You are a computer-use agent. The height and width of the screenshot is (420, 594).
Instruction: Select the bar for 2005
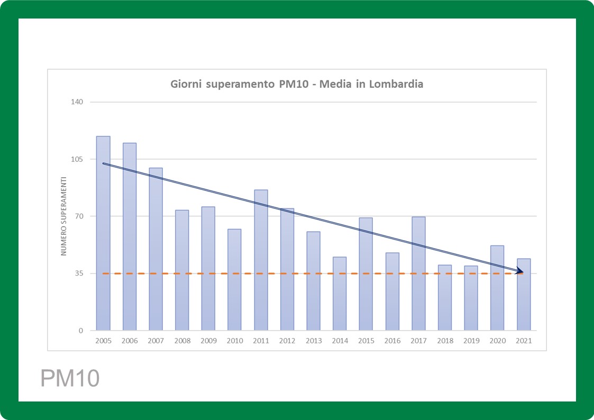pos(103,233)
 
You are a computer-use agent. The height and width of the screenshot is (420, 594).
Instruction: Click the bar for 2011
pos(261,260)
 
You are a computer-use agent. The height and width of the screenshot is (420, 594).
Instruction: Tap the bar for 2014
pos(340,294)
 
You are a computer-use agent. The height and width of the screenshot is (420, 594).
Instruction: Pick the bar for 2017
pos(418,273)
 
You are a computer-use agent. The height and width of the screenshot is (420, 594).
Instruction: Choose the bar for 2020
pos(497,288)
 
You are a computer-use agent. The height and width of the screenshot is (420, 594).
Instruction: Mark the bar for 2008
pos(182,270)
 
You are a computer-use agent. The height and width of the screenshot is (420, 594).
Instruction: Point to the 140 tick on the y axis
pos(78,102)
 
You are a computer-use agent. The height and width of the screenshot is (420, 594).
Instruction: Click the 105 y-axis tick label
pos(78,159)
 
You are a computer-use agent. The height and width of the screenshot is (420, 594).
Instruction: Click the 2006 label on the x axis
pos(130,341)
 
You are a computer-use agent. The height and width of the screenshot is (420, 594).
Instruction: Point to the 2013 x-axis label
pos(314,341)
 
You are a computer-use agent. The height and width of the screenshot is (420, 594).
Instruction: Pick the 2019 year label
pos(471,341)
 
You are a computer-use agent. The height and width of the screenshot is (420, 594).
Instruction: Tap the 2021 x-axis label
pos(524,341)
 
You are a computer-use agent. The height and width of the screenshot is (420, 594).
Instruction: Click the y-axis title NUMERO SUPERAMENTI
pos(63,216)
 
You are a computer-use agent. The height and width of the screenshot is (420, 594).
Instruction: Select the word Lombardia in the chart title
pos(398,84)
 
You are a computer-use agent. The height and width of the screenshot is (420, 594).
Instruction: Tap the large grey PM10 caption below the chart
pos(70,379)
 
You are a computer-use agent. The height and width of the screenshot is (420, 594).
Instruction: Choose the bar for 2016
pos(392,291)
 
